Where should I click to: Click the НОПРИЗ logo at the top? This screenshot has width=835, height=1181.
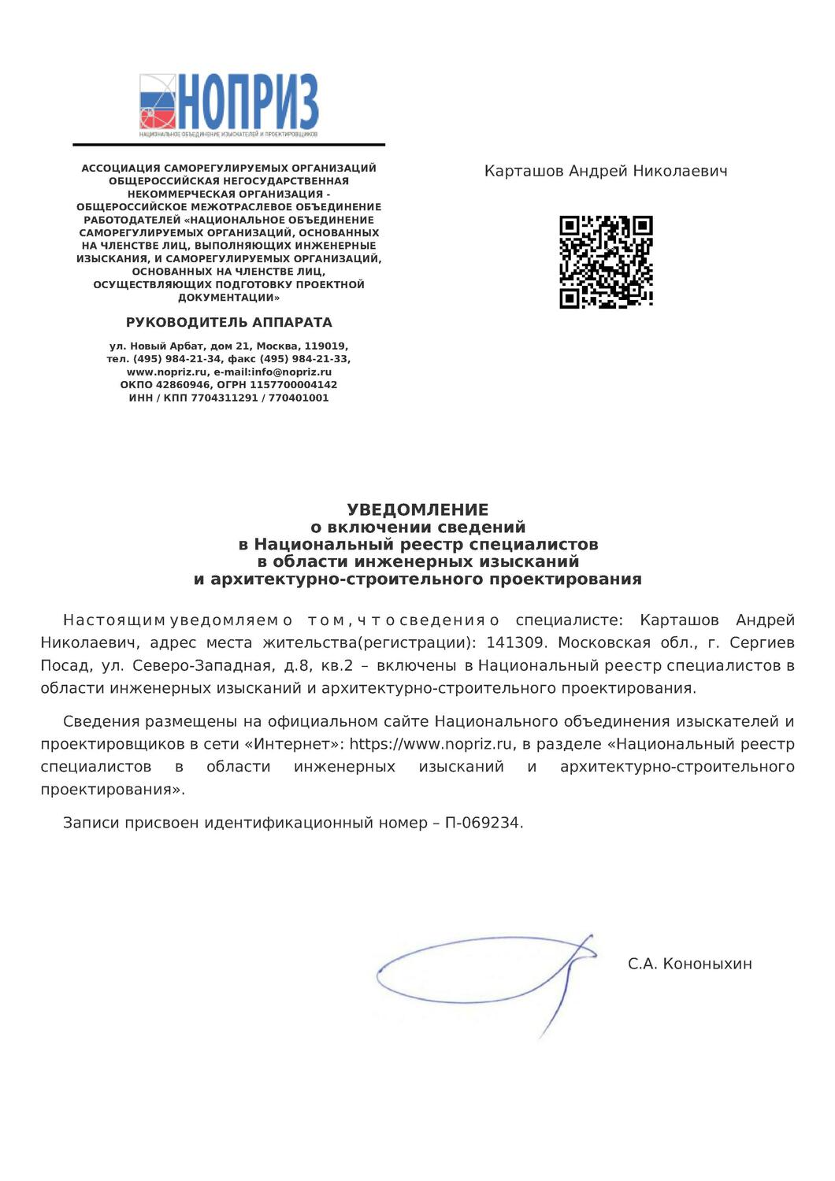[x=228, y=105]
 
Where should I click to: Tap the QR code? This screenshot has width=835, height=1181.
[x=606, y=262]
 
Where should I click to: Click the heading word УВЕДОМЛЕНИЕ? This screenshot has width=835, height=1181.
[x=417, y=509]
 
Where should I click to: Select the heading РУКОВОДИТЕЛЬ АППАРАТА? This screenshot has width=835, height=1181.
[x=229, y=322]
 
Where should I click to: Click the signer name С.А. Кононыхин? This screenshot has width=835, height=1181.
[x=689, y=964]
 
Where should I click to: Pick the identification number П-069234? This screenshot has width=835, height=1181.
[x=482, y=823]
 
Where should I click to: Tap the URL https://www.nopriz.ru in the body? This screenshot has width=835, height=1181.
[x=432, y=744]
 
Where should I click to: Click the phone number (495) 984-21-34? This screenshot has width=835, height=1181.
[x=177, y=359]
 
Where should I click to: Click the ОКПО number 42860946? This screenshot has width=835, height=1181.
[x=182, y=385]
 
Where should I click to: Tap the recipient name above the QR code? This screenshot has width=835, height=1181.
[x=606, y=171]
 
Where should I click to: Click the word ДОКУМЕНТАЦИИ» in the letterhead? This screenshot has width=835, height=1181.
[x=229, y=298]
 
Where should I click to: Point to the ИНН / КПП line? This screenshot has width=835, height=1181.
[x=229, y=398]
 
